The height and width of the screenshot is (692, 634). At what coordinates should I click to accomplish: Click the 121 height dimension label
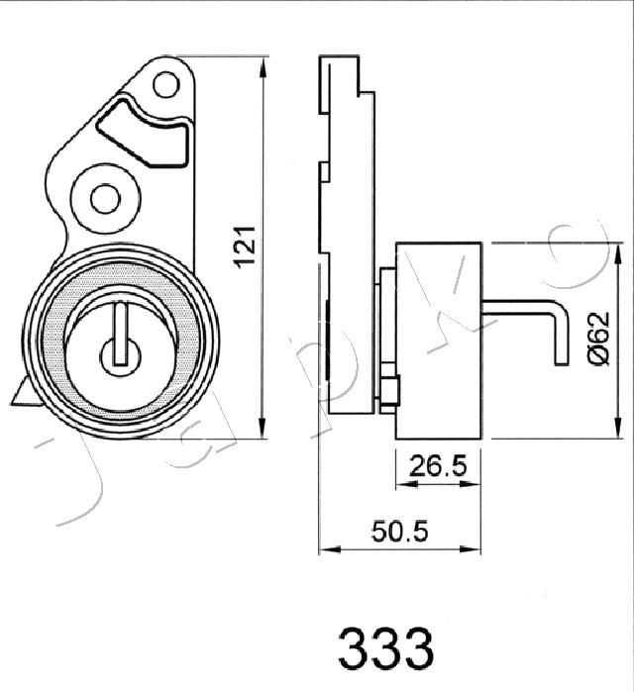point(245,247)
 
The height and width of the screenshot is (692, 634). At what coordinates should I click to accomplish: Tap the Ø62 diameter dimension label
point(601,338)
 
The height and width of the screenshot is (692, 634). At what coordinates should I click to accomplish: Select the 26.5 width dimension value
point(438,466)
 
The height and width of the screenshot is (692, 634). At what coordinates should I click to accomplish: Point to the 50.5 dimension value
point(400,532)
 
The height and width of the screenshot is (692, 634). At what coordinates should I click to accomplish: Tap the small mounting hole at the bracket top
point(166,85)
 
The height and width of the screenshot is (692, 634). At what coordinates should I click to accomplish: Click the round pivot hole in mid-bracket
point(105,198)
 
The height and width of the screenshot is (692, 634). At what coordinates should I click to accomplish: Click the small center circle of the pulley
point(121,355)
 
